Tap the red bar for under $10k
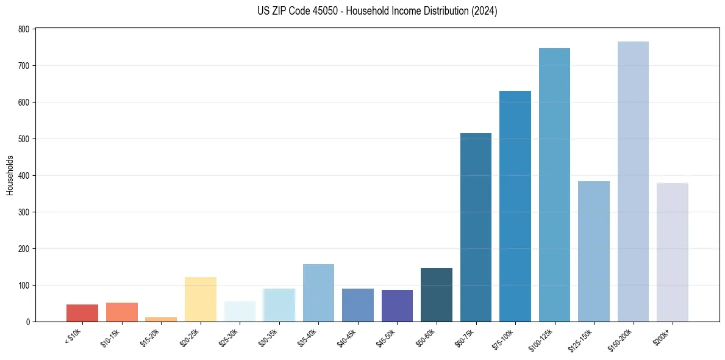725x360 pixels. pyautogui.click(x=82, y=313)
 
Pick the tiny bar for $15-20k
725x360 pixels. pyautogui.click(x=161, y=319)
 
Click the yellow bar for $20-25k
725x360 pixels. pyautogui.click(x=201, y=300)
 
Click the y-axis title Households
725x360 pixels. pyautogui.click(x=10, y=175)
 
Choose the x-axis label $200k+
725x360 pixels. pyautogui.click(x=661, y=336)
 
